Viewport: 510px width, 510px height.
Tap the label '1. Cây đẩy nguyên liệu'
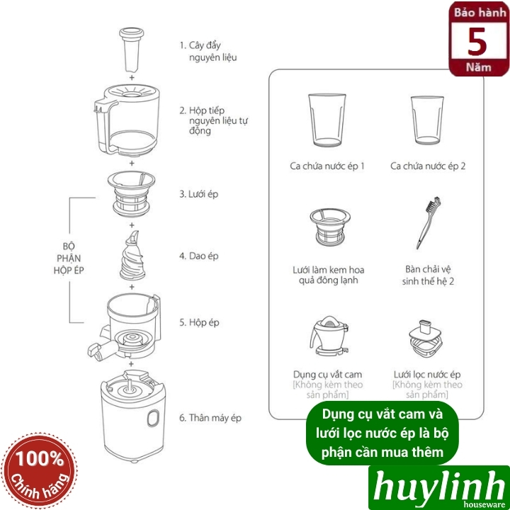pyautogui.click(x=208, y=50)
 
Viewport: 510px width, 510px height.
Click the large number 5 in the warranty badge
pyautogui.click(x=477, y=42)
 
